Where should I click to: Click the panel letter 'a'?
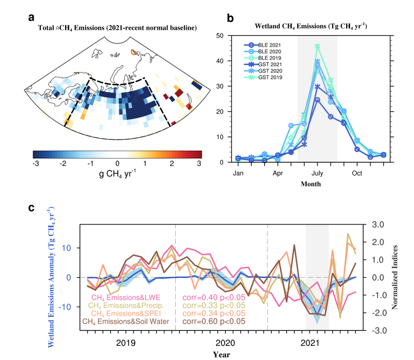click(x=31, y=18)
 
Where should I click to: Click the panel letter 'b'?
click(x=230, y=18)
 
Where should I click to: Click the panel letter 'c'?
click(x=31, y=208)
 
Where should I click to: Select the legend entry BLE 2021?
click(x=263, y=45)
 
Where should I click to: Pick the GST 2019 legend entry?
click(x=263, y=78)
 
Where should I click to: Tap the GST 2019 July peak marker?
click(x=317, y=47)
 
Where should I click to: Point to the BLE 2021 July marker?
click(x=317, y=100)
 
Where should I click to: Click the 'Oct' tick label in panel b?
click(x=357, y=173)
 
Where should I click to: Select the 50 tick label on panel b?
click(x=220, y=36)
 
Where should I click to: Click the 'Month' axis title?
click(x=311, y=184)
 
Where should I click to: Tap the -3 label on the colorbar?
click(x=35, y=164)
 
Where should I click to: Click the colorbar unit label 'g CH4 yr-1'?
click(x=117, y=174)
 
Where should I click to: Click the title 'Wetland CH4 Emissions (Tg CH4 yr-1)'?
click(x=311, y=26)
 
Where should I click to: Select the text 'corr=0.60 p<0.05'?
click(x=214, y=321)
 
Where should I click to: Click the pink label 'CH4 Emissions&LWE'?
click(x=126, y=298)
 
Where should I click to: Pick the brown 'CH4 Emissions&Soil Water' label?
click(x=126, y=322)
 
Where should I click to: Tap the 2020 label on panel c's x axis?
click(x=225, y=343)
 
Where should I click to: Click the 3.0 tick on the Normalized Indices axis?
click(x=378, y=224)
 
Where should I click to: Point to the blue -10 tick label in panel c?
click(x=65, y=307)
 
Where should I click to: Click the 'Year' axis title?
click(x=222, y=355)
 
